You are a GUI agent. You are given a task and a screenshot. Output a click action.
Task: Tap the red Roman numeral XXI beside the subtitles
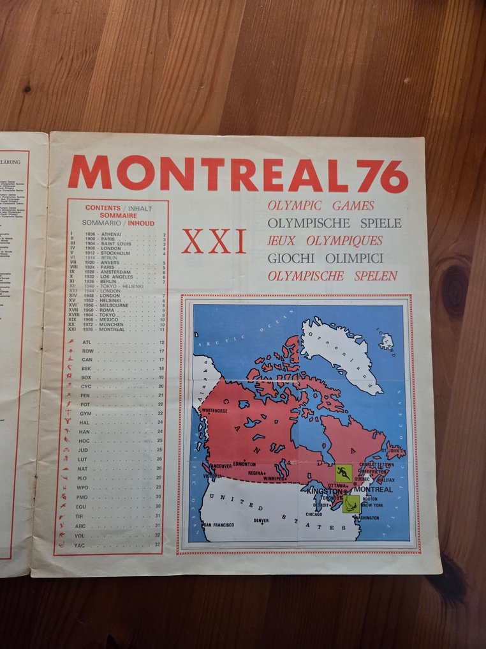point(214,241)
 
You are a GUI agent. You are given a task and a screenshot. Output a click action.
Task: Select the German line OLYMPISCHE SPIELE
point(334,224)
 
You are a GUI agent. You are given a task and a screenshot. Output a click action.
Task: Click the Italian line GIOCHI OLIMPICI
point(325,259)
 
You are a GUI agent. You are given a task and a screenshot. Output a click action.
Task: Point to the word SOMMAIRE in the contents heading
point(109,216)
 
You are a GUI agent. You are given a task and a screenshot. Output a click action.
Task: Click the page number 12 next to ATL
point(161,342)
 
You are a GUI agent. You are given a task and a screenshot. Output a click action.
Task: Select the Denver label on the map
point(261,521)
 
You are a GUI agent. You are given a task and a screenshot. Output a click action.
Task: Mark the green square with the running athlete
point(343,473)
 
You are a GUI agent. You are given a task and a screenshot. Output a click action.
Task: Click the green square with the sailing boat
point(351,503)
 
